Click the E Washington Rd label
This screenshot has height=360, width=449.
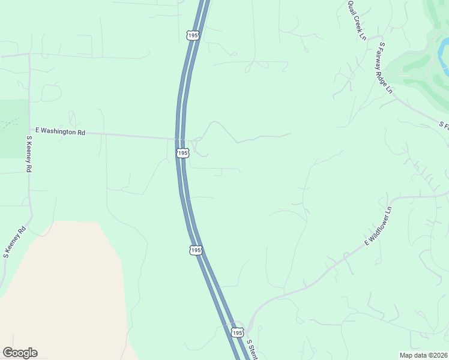pos(61,131)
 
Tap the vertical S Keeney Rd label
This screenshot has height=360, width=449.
pos(28,154)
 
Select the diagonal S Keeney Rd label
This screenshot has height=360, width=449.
pos(14,241)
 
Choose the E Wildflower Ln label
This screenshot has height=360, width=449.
pos(378,226)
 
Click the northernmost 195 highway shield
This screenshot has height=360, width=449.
pos(192,36)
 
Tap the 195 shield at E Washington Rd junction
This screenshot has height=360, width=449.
pos(182,154)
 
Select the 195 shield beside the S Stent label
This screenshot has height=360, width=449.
pos(237,332)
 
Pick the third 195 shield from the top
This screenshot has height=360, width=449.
pos(195,250)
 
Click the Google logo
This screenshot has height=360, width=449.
pos(20,353)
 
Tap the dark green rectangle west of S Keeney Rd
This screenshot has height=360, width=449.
pos(14,128)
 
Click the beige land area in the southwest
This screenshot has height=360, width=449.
pos(60,288)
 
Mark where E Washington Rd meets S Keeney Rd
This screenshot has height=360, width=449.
pos(29,130)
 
